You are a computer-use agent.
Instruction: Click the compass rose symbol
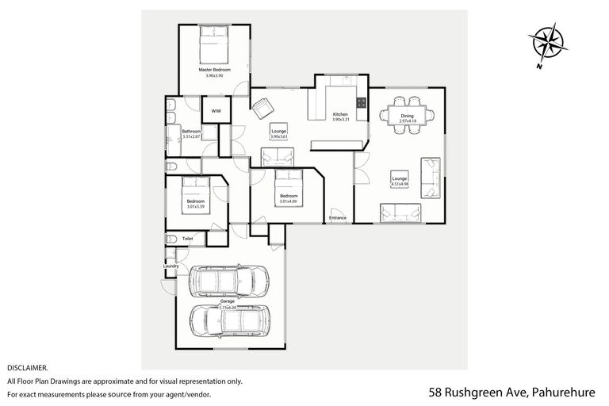tap(548, 44)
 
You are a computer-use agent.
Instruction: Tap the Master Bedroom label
tap(214, 70)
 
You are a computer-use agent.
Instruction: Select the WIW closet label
tap(216, 111)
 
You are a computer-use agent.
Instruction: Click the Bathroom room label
tap(191, 131)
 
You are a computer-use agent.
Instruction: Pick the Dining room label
tap(406, 117)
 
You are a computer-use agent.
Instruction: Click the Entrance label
tap(339, 216)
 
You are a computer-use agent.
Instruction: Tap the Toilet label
tap(188, 238)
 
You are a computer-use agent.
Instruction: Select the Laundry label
tap(170, 266)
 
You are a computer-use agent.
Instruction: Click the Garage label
tap(227, 302)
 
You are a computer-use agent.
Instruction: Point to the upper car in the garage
tap(228, 280)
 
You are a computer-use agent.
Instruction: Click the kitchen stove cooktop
tap(361, 102)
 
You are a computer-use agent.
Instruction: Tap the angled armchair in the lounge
tap(262, 107)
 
